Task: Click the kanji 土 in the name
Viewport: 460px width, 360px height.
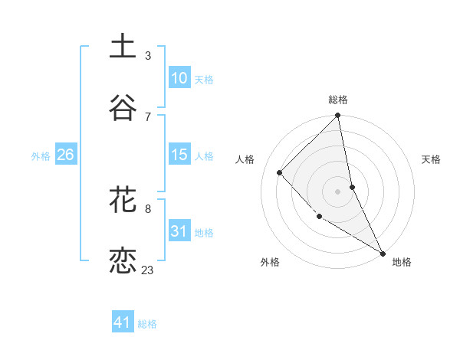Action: (x=123, y=46)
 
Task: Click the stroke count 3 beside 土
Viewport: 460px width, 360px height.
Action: (x=148, y=55)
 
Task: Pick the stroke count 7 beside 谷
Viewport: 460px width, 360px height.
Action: (x=148, y=116)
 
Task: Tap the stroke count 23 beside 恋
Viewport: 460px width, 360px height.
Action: (x=148, y=270)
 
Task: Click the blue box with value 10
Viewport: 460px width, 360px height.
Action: (x=179, y=78)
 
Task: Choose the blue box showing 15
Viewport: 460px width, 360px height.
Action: (x=179, y=155)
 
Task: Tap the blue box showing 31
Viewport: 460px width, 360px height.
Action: (x=179, y=231)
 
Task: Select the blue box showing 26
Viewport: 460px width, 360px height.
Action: (x=65, y=155)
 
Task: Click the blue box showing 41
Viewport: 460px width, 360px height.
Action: (x=123, y=323)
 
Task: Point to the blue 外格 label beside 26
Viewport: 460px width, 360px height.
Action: (x=41, y=155)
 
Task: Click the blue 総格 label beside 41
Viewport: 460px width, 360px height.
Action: (x=147, y=324)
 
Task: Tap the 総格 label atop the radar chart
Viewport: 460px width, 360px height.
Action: (x=338, y=100)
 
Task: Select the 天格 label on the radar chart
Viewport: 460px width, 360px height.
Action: (x=431, y=159)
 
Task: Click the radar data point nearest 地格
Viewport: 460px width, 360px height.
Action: (x=382, y=253)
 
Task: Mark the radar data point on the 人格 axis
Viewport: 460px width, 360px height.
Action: (x=280, y=172)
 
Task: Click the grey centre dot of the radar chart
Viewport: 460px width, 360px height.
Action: (x=338, y=191)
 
